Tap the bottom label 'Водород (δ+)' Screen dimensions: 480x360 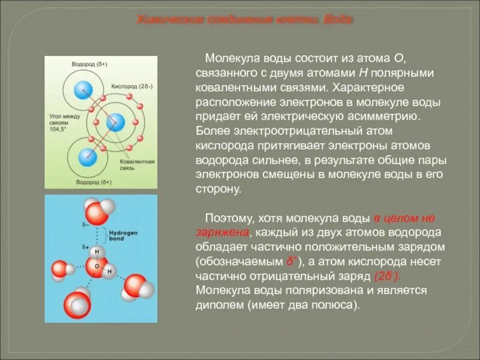click(x=95, y=181)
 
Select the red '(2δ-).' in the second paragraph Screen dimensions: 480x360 click(x=386, y=276)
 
